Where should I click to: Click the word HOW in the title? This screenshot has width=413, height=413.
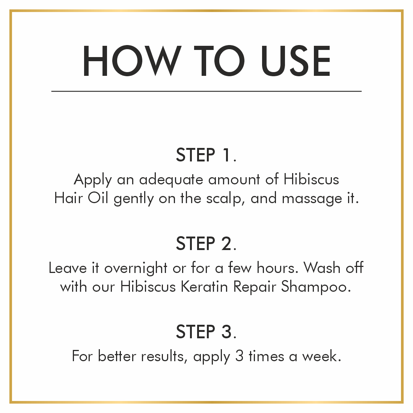pos(132,60)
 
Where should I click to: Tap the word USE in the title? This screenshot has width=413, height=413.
pos(295,60)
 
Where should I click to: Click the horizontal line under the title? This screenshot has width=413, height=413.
pos(206,91)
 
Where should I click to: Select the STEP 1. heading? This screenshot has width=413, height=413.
pos(206,155)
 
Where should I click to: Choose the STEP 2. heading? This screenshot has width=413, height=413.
pos(206,243)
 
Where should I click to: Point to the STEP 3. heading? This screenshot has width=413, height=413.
pos(206,332)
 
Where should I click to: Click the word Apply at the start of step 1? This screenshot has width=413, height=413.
pos(93,181)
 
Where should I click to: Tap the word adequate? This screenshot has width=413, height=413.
pos(171,180)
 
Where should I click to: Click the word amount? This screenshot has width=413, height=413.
pos(234,180)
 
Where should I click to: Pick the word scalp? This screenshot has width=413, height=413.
pos(224,199)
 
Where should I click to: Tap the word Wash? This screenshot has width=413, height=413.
pos(322,268)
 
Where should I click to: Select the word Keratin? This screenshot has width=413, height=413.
pos(204,286)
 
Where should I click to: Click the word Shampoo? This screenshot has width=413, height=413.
pos(316,287)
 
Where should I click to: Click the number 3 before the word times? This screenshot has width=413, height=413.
pos(239,356)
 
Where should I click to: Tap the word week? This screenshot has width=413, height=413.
pos(321,356)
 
